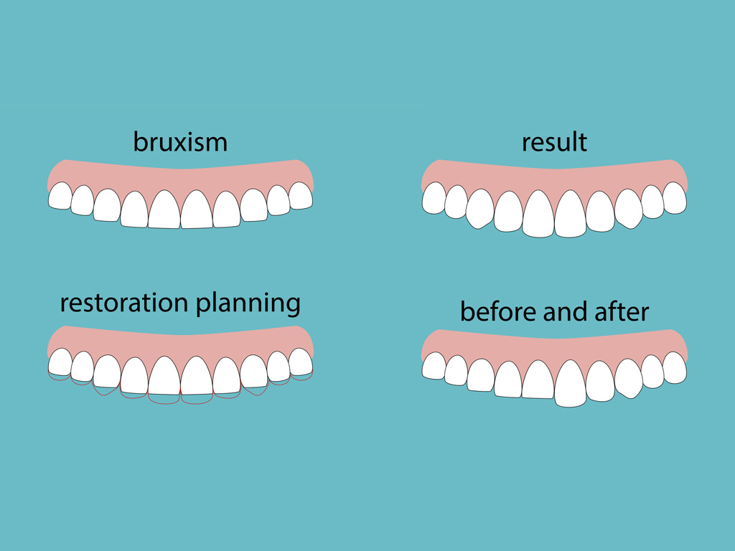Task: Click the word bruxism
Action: [x=180, y=141]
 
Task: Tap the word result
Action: [x=554, y=142]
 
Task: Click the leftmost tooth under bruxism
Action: [x=60, y=195]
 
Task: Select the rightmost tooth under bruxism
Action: [x=300, y=195]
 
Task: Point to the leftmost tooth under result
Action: [x=434, y=197]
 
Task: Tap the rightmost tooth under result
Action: [x=674, y=197]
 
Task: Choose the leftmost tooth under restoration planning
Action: [x=60, y=362]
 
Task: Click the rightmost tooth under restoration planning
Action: [x=300, y=362]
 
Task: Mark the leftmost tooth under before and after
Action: [x=434, y=366]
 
